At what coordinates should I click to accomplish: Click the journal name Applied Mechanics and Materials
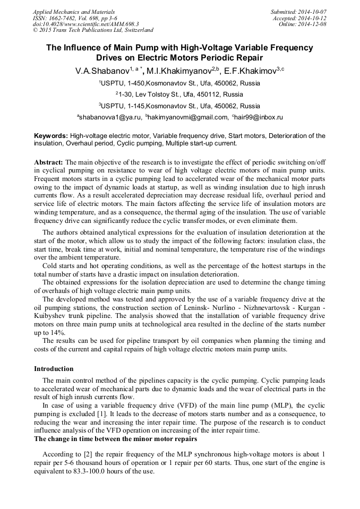pos(73,12)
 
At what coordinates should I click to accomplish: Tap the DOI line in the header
pos(85,24)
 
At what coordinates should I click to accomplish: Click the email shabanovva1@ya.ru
pos(110,117)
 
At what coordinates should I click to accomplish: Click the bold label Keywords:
pos(51,136)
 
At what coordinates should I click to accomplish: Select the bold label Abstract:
pos(49,161)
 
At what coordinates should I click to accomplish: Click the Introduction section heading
pos(54,368)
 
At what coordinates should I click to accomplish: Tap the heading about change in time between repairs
pos(115,439)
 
